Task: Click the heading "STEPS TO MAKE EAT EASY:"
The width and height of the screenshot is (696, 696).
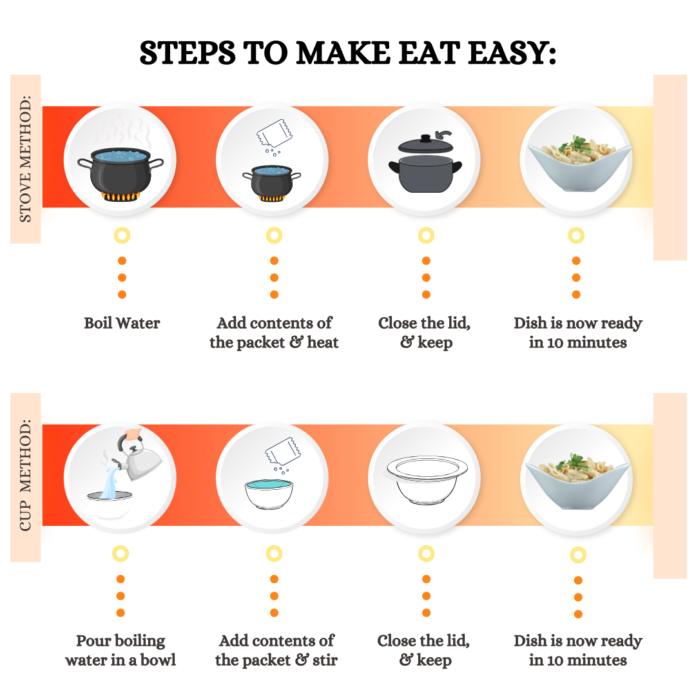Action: (x=347, y=53)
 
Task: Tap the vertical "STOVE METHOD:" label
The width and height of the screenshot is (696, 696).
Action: (x=25, y=159)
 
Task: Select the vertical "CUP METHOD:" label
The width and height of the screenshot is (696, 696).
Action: (x=25, y=476)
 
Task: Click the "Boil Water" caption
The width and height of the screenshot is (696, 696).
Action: (x=122, y=323)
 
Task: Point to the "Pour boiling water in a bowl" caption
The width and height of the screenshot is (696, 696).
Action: (x=121, y=650)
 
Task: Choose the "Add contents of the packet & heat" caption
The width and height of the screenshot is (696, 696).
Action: (x=274, y=333)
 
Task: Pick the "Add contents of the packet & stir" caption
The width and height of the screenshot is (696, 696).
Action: (x=276, y=650)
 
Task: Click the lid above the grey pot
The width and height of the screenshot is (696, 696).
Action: (x=426, y=145)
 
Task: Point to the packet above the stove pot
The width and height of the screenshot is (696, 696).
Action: (x=275, y=133)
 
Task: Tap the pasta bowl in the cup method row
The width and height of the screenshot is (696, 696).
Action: (x=577, y=481)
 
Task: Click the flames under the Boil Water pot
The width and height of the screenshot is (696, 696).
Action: (x=121, y=196)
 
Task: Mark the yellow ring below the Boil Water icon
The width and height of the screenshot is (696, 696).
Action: (x=122, y=235)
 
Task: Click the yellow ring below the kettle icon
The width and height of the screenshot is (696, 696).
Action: (x=121, y=554)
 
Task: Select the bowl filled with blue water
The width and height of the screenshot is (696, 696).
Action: (x=269, y=494)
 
